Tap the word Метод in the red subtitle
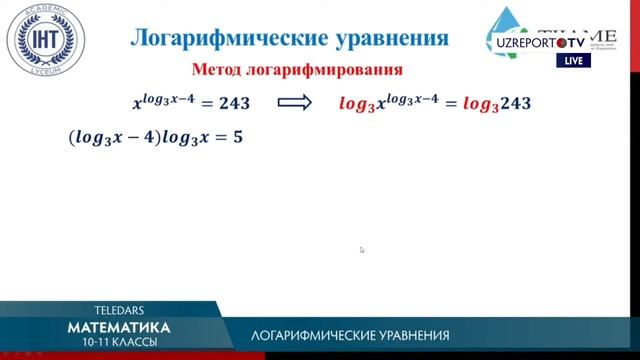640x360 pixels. (x=222, y=71)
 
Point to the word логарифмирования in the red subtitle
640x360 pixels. (x=328, y=71)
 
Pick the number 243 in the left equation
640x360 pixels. (x=231, y=103)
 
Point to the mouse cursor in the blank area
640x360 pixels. (x=362, y=250)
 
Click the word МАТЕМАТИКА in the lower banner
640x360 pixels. (x=119, y=327)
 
